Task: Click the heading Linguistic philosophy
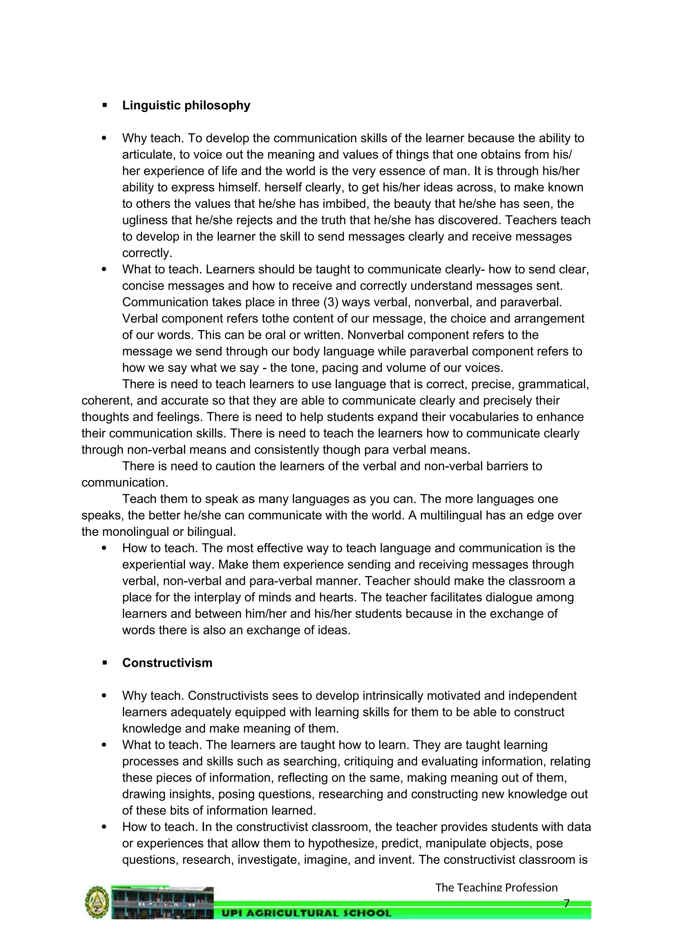[x=186, y=105]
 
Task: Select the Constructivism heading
[x=167, y=663]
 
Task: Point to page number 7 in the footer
[x=567, y=903]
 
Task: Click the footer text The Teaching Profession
[x=496, y=887]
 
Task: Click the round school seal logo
[x=97, y=902]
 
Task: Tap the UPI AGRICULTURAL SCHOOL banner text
[x=307, y=913]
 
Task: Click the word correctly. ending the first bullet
[x=147, y=253]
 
